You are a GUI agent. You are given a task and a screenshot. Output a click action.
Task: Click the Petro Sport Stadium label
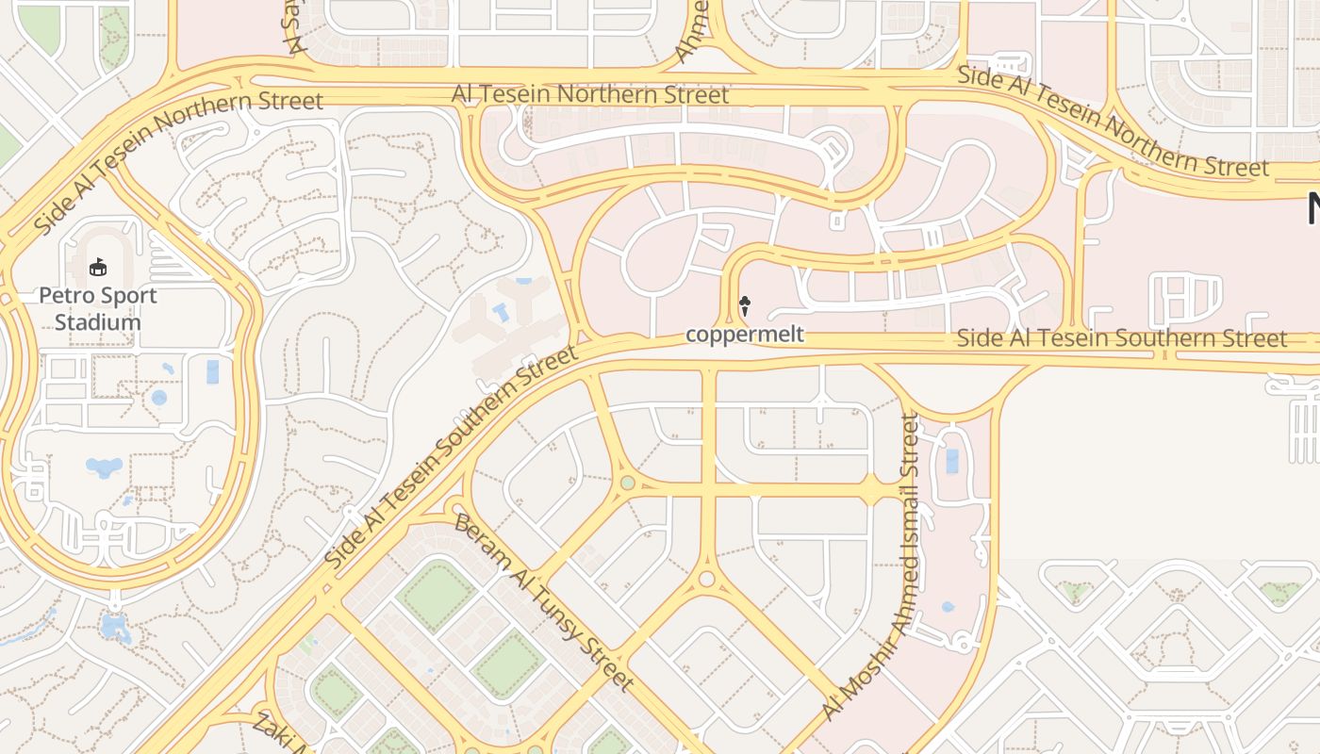(x=97, y=308)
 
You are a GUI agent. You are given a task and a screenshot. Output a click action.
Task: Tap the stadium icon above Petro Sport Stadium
(x=97, y=269)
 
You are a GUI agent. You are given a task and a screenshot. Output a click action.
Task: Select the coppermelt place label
(x=745, y=335)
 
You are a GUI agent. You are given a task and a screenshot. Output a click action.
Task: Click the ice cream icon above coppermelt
(x=745, y=305)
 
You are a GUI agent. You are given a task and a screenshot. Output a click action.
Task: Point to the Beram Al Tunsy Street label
(x=542, y=602)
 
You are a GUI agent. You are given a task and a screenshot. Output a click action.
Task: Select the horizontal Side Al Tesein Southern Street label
(x=1121, y=338)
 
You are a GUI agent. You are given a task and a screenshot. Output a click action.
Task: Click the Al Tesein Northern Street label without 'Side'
(x=590, y=94)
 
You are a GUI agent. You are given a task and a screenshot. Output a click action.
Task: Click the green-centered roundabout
(x=628, y=484)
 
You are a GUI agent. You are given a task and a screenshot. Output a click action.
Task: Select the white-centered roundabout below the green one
(x=707, y=578)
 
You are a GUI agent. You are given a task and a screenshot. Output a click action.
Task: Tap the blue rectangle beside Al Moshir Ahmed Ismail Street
(x=951, y=461)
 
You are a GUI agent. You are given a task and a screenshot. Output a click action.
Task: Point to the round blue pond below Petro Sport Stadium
(x=158, y=398)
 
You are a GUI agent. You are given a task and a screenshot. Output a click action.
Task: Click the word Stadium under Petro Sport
(x=97, y=322)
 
